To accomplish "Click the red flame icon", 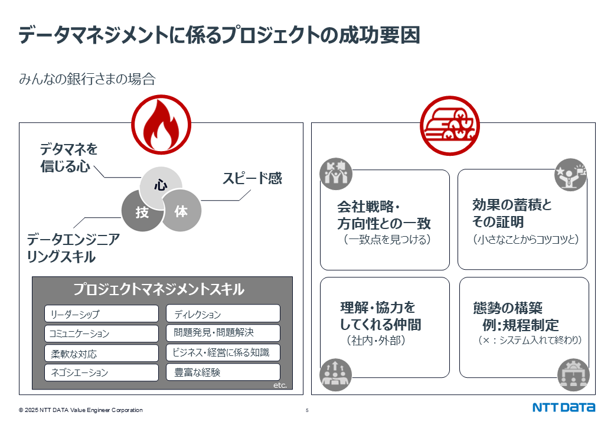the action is coord(161,125).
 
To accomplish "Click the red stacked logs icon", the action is coord(450,126).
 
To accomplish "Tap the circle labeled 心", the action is coord(161,185).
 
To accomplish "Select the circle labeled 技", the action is coord(142,211).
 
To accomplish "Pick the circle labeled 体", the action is coord(181,211).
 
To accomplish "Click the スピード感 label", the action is coord(252,178).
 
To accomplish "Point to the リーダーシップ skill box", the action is coord(102,314).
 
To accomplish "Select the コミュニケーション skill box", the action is coord(102,334).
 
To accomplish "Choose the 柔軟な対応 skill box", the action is coord(102,354).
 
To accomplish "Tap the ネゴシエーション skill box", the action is coord(102,372).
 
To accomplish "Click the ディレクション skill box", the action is coord(223,313).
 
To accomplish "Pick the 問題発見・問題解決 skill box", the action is coord(223,333).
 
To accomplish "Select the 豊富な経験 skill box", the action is coord(223,372).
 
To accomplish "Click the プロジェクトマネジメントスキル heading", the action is coord(159,289).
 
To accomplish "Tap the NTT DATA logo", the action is coord(564,407).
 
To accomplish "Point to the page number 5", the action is coord(307,410).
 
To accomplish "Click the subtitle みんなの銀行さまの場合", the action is coord(87,79).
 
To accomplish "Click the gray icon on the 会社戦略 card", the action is coord(335,174).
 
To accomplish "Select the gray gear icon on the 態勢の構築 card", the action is coord(573,375).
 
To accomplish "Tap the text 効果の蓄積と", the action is coord(512,204).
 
